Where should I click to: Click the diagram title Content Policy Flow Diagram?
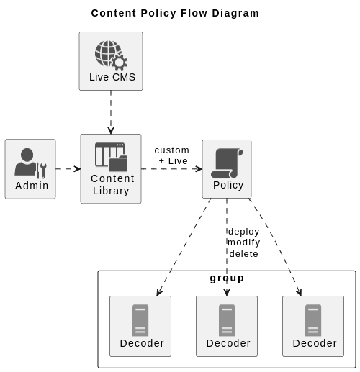(175, 13)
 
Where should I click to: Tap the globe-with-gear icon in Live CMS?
(110, 55)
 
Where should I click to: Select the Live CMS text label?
(112, 77)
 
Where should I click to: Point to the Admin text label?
(32, 186)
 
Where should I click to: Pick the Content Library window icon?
(111, 156)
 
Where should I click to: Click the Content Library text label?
(112, 185)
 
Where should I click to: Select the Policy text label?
(228, 185)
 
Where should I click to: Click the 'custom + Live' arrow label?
(172, 155)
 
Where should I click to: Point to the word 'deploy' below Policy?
(243, 231)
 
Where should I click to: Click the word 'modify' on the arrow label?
(243, 242)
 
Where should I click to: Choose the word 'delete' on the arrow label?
(243, 253)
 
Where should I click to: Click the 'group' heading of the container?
(227, 278)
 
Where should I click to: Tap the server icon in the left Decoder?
(140, 320)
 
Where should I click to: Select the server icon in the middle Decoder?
(227, 320)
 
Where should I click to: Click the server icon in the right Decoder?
(313, 320)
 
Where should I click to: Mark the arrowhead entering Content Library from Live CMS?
(111, 130)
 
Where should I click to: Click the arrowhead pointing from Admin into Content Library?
(76, 168)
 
